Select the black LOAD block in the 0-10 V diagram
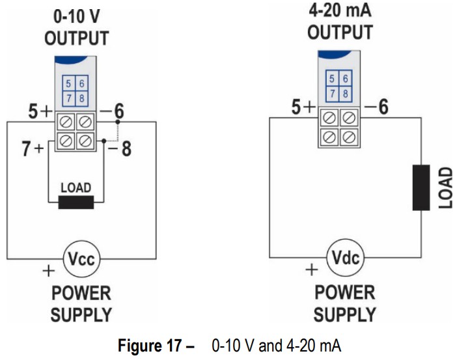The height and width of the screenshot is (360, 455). pyautogui.click(x=76, y=202)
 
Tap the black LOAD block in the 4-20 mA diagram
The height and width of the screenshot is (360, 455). pyautogui.click(x=421, y=187)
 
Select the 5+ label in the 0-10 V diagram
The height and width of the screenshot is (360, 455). pyautogui.click(x=40, y=112)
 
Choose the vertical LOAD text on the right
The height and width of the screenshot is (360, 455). pyautogui.click(x=445, y=187)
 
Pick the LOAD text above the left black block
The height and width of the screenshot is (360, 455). pyautogui.click(x=76, y=187)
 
